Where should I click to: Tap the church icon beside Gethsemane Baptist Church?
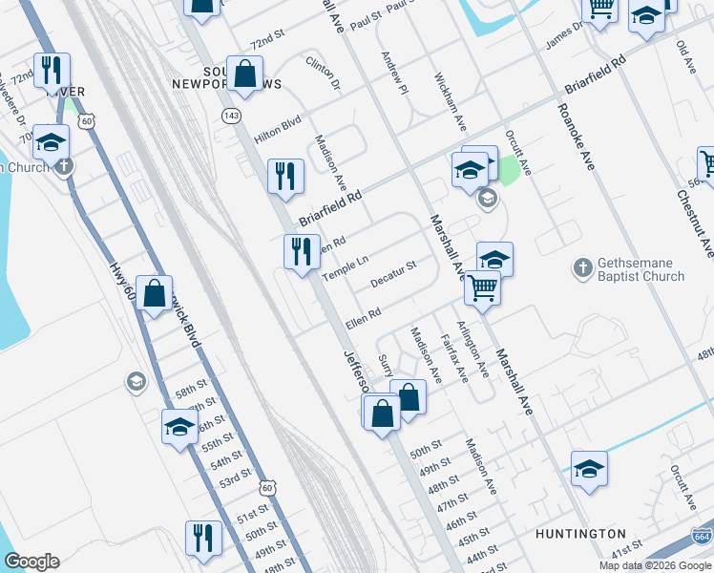(583, 269)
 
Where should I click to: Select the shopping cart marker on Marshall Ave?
(483, 286)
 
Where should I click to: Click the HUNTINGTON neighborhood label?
(582, 534)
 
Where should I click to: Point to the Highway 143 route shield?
(230, 116)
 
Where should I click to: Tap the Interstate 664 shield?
(702, 539)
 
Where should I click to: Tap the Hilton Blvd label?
(277, 130)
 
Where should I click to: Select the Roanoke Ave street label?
(574, 138)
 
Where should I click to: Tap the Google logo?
(31, 562)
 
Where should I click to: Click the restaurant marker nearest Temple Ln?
(303, 253)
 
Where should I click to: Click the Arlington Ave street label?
(476, 349)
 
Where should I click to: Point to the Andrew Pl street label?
(395, 73)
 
